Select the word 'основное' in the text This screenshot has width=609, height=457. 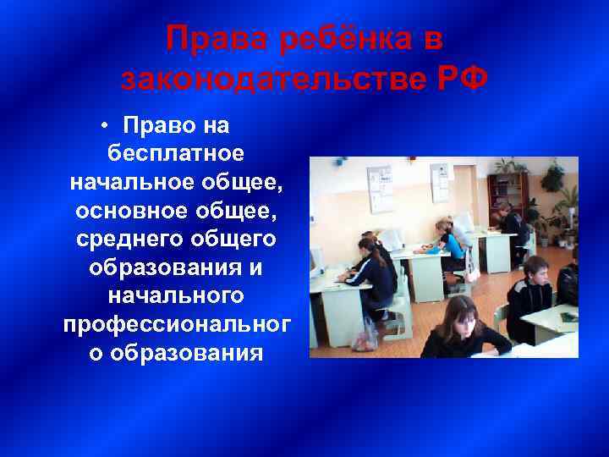point(125,210)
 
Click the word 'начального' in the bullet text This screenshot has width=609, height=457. point(176,296)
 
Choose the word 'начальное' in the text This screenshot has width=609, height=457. point(123,181)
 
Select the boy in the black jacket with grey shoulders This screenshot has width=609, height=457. point(529,296)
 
